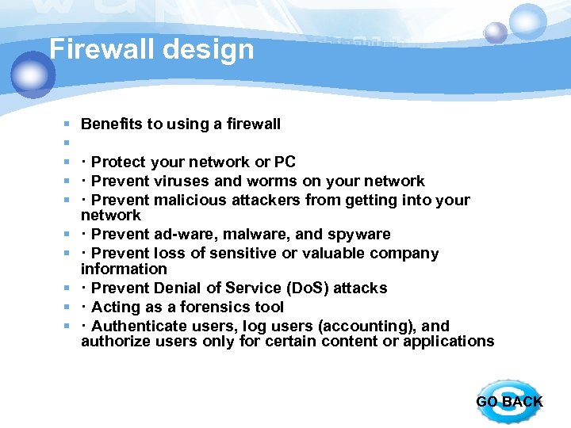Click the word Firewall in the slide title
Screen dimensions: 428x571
pos(99,49)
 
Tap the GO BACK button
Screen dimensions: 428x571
pos(509,401)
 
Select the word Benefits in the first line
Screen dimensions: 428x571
pos(112,124)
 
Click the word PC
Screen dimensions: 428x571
pos(285,162)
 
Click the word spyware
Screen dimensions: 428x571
pos(358,235)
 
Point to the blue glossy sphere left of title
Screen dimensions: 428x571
pos(33,74)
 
